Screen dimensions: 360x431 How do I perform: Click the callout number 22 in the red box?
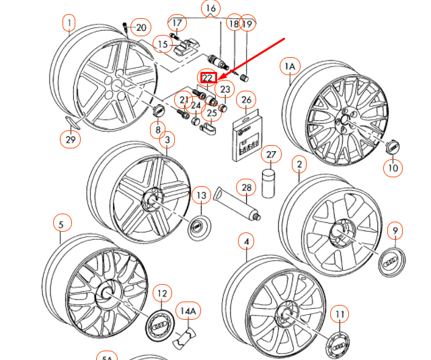point(208,78)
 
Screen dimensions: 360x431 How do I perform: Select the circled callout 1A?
point(290,66)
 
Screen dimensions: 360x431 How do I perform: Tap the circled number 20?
point(141,28)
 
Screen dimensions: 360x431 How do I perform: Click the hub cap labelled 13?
point(198,226)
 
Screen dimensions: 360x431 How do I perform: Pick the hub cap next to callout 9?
point(391,263)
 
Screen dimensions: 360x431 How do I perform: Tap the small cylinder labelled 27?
point(270,181)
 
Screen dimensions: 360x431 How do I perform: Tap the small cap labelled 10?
point(392,146)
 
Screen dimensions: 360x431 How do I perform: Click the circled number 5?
point(61,224)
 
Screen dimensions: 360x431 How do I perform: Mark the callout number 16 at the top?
point(211,9)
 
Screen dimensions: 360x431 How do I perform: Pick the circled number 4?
point(246,241)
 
